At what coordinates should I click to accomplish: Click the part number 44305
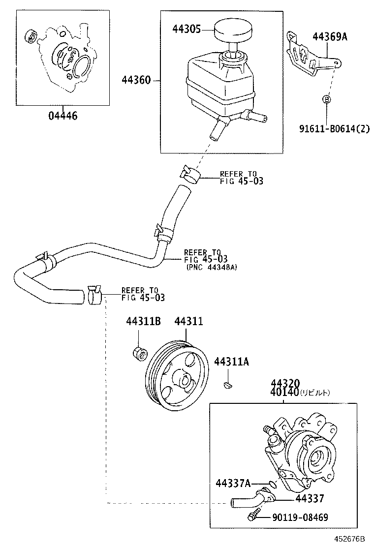click(186, 30)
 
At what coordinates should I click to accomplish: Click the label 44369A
click(330, 36)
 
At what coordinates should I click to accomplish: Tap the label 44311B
click(143, 321)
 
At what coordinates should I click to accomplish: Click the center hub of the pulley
click(185, 380)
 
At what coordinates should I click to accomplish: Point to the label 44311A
click(231, 362)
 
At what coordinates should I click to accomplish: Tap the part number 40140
click(284, 393)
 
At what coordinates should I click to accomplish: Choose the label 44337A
click(233, 483)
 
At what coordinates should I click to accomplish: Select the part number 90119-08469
click(300, 517)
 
